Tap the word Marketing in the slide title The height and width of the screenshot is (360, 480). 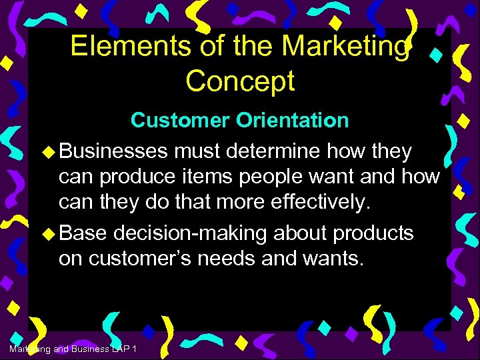(x=345, y=47)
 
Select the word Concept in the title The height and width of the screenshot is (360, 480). (x=240, y=81)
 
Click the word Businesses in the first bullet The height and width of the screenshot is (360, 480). (x=113, y=152)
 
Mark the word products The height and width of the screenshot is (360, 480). (x=373, y=233)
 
